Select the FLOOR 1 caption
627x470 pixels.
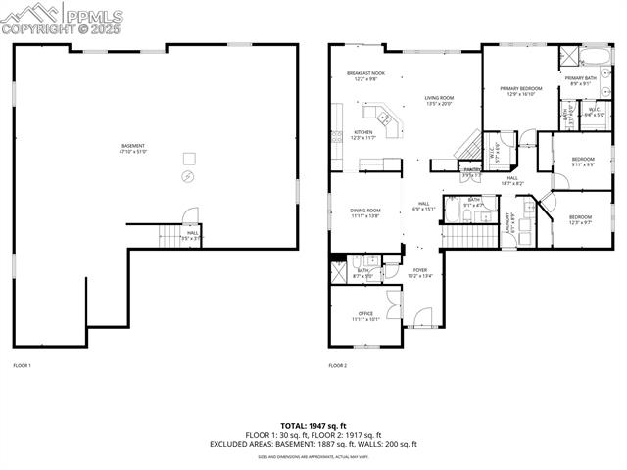click(22, 365)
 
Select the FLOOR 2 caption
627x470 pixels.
click(337, 365)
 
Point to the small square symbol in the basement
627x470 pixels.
click(190, 158)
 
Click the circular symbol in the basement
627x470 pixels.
click(189, 176)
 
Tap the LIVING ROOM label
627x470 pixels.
click(439, 99)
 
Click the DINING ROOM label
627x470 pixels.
click(365, 211)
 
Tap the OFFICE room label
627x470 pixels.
click(364, 315)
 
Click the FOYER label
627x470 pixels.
click(420, 271)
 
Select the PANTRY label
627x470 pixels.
click(472, 170)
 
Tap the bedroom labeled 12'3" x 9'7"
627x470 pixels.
click(580, 219)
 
